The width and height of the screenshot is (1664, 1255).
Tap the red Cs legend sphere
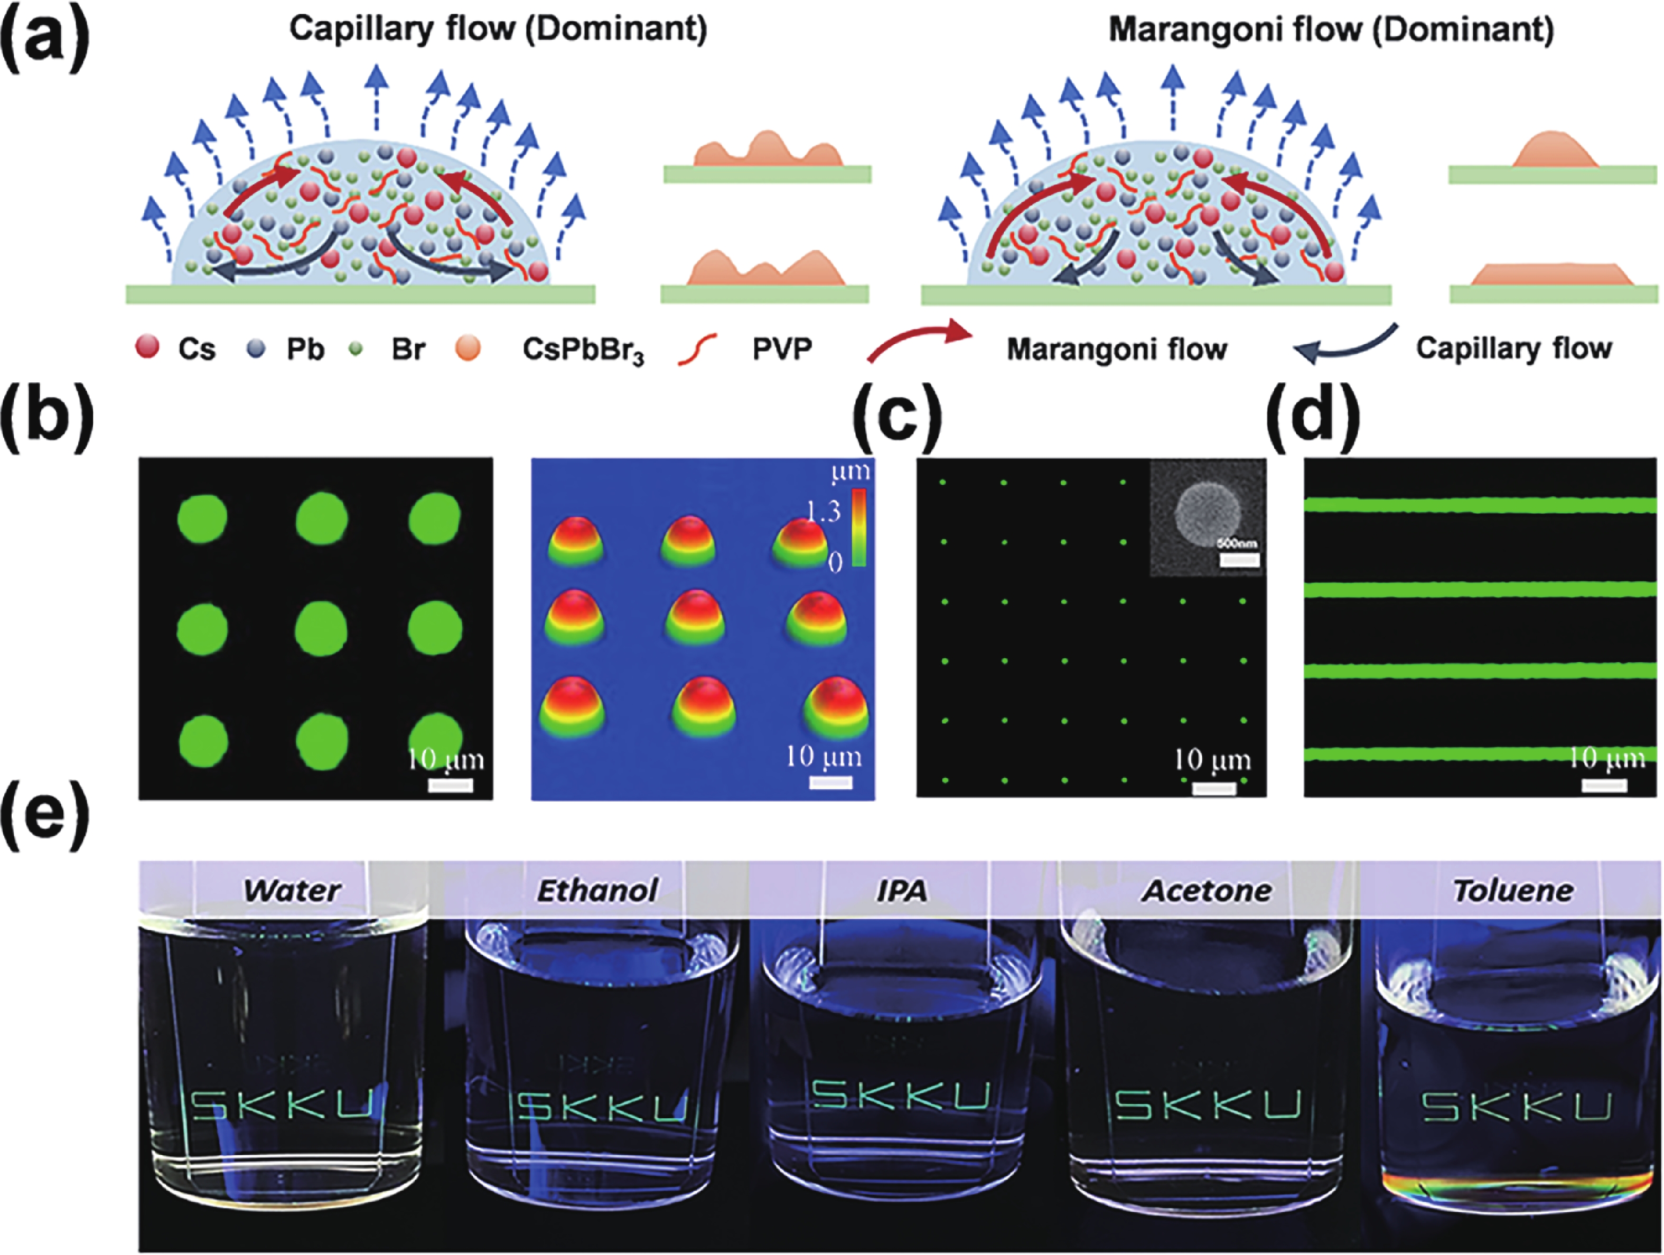(147, 347)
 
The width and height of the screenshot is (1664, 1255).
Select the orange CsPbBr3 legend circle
(468, 348)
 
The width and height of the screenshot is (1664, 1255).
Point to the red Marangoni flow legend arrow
(918, 342)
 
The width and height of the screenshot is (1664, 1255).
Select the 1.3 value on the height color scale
(823, 512)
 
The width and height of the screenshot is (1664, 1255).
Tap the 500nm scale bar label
(1238, 543)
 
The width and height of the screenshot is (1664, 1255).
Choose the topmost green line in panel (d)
(1481, 505)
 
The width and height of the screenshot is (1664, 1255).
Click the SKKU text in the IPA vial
(901, 1096)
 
